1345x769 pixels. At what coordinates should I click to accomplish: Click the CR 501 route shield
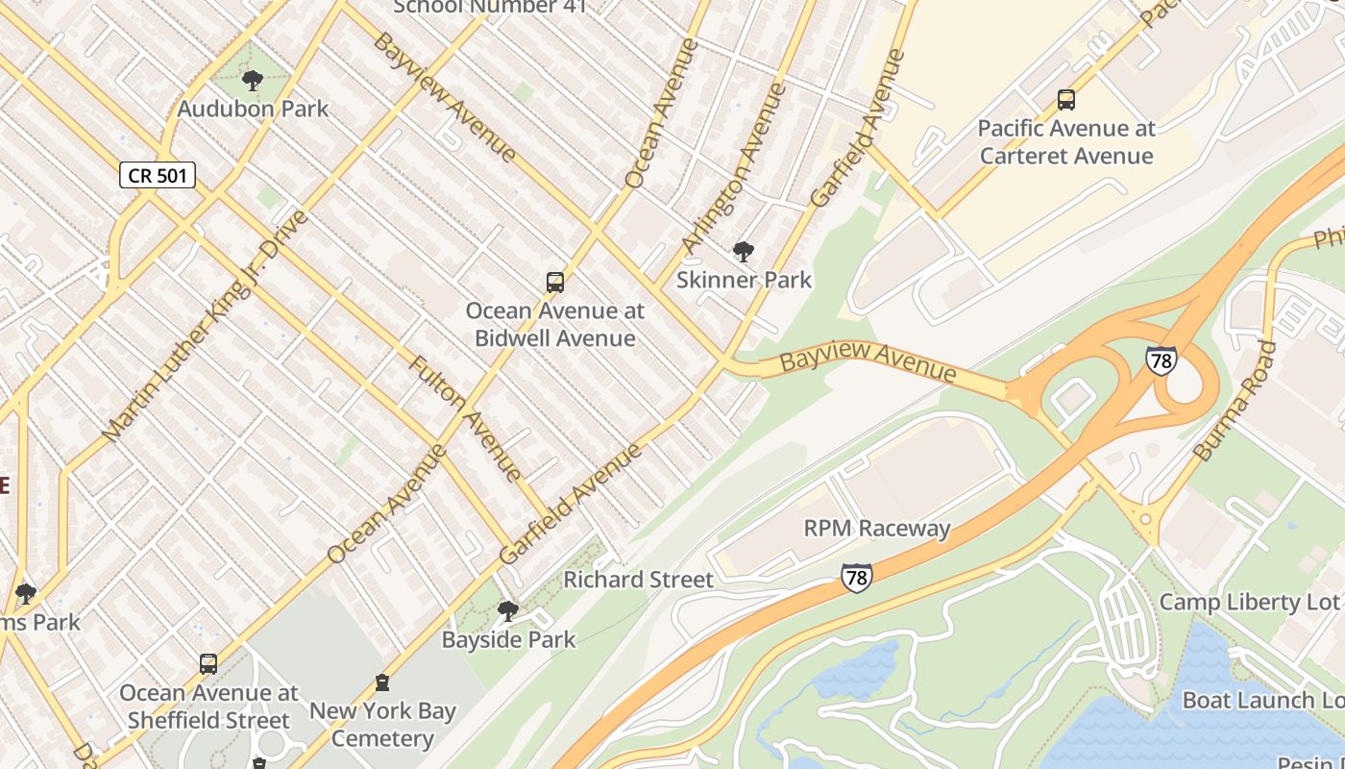(x=158, y=175)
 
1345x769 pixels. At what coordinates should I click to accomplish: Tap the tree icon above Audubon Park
(x=253, y=81)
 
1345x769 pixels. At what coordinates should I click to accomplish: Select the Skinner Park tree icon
(x=743, y=252)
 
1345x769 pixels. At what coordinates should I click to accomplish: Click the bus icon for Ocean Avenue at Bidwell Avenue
(x=554, y=283)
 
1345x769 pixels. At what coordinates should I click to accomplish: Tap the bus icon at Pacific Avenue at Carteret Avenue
(x=1065, y=100)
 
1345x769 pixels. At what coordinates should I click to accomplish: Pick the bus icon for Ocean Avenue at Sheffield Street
(x=208, y=664)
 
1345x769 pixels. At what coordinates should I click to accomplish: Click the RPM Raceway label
(x=876, y=528)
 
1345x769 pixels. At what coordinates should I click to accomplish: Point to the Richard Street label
(x=638, y=580)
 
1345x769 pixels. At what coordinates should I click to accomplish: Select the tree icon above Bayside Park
(x=507, y=611)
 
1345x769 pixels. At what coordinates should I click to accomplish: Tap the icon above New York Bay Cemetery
(x=382, y=683)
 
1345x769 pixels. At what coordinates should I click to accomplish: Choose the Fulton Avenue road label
(x=466, y=418)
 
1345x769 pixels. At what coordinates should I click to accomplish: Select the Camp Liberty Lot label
(x=1249, y=602)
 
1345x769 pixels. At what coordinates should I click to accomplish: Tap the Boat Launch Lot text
(x=1261, y=700)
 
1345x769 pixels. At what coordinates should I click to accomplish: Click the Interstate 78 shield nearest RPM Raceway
(x=856, y=578)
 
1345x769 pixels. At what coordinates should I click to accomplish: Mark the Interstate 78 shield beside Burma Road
(x=1161, y=360)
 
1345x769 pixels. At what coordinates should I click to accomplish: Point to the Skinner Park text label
(x=744, y=280)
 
